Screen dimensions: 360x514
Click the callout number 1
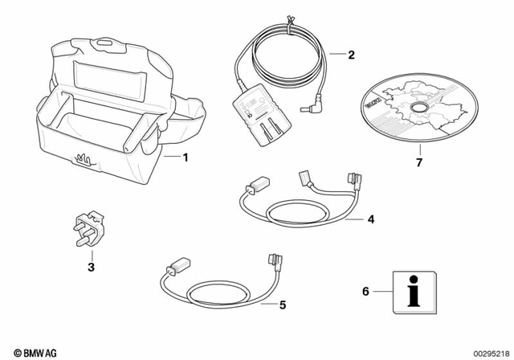pos(186,157)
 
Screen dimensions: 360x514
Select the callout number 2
pos(350,55)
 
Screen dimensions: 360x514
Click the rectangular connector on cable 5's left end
pos(175,263)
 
